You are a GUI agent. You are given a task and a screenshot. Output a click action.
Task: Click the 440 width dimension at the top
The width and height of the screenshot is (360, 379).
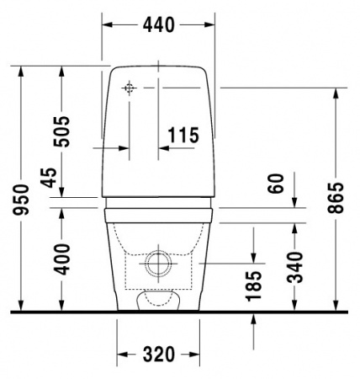[x=157, y=25]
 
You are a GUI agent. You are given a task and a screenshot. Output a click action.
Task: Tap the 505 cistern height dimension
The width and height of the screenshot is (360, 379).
[x=60, y=131]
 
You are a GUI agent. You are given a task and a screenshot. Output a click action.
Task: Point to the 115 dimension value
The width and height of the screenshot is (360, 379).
[x=183, y=134]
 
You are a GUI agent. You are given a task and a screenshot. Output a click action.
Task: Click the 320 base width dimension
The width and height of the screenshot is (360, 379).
[x=158, y=354]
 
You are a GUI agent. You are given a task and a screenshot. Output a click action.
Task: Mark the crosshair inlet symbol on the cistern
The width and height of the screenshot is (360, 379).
[x=130, y=88]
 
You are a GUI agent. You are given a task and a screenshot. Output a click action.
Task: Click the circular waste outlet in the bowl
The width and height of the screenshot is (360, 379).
[x=157, y=264]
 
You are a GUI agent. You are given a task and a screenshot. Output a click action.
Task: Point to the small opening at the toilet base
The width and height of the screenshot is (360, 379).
[x=157, y=297]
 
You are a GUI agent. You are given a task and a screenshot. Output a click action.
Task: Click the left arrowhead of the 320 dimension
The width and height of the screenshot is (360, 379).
[x=120, y=354]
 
